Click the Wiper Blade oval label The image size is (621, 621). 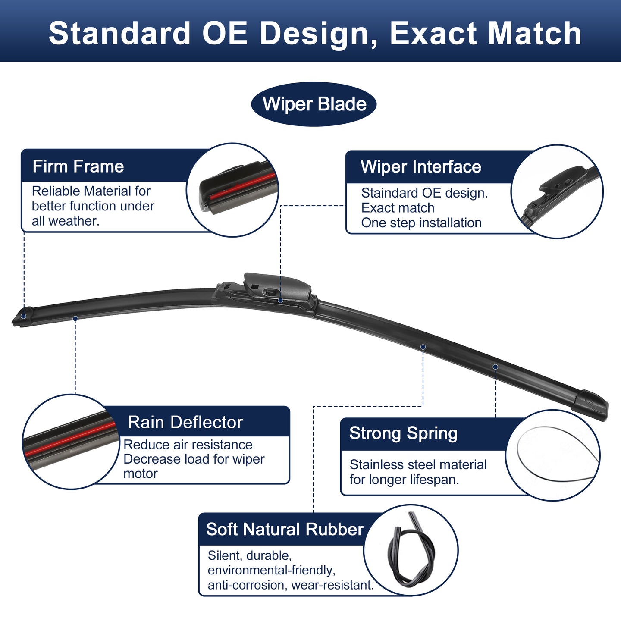[314, 104]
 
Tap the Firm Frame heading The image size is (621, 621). [78, 166]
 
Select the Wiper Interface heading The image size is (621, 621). [420, 166]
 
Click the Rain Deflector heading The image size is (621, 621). [185, 422]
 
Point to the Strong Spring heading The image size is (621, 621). [403, 433]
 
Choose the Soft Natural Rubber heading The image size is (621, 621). [285, 529]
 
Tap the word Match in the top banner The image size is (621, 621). [534, 33]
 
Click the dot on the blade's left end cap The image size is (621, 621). [24, 316]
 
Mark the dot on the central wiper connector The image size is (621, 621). [280, 300]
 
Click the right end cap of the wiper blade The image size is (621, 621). [590, 405]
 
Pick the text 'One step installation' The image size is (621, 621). [421, 223]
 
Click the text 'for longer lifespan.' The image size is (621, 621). [404, 480]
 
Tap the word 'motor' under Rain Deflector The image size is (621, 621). [141, 474]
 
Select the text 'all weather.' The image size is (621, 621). [66, 221]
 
